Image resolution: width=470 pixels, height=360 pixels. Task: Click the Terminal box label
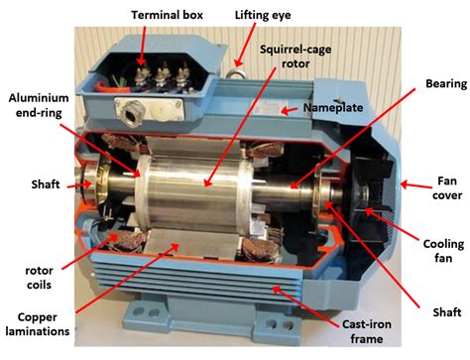click(x=167, y=15)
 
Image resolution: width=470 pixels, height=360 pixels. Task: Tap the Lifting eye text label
click(x=263, y=15)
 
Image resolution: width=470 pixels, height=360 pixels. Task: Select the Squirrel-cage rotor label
click(x=295, y=57)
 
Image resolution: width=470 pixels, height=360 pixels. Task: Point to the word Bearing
click(x=446, y=84)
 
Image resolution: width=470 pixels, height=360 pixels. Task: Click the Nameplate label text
click(x=333, y=107)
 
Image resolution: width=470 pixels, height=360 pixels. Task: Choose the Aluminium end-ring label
click(x=39, y=105)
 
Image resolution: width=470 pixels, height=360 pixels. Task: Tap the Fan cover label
click(x=447, y=188)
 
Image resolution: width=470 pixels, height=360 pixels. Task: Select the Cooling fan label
click(x=443, y=251)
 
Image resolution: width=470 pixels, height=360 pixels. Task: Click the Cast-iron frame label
click(x=367, y=331)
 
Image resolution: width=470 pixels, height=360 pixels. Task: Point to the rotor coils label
click(x=39, y=278)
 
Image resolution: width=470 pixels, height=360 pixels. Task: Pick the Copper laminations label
click(x=38, y=324)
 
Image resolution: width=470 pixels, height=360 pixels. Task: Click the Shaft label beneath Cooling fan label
click(x=447, y=312)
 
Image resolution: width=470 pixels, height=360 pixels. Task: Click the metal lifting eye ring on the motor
click(x=236, y=73)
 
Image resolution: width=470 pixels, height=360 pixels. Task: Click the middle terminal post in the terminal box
click(x=163, y=76)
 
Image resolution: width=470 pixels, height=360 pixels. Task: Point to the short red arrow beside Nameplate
click(x=289, y=111)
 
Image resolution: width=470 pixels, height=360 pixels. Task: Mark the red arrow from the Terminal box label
click(x=142, y=47)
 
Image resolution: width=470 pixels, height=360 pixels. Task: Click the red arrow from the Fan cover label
click(x=416, y=185)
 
